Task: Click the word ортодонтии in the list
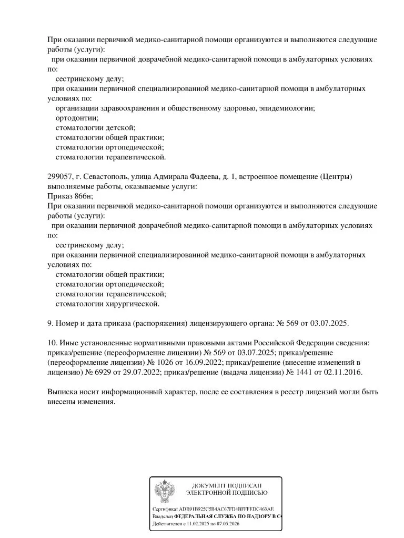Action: (x=77, y=118)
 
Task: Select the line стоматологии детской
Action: (x=95, y=127)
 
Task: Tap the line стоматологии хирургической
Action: (x=107, y=304)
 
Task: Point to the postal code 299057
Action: (x=59, y=176)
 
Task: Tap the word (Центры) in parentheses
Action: (x=336, y=176)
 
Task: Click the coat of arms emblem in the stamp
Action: (x=165, y=492)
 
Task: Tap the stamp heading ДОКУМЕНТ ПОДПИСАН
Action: (x=227, y=485)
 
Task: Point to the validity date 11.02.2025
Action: (x=200, y=524)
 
